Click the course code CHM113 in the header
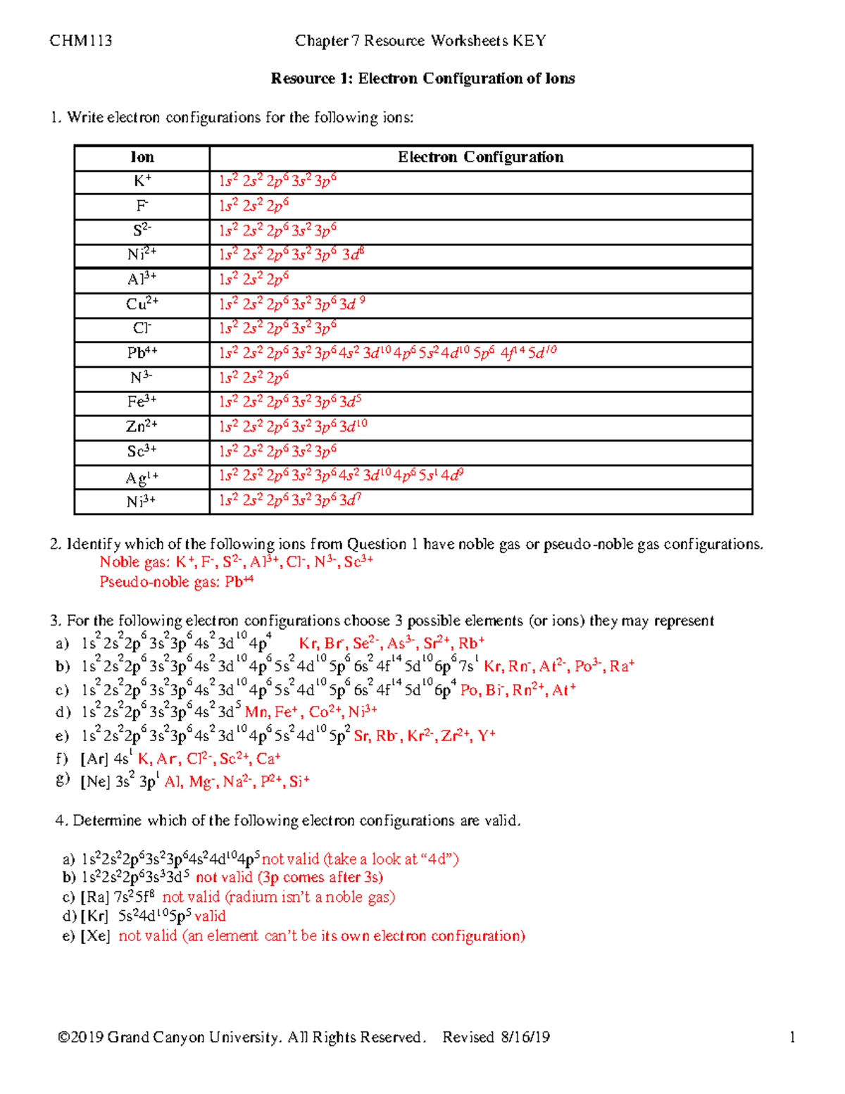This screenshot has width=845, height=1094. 80,41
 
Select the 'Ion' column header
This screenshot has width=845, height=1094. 142,158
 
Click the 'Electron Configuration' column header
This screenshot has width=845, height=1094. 480,158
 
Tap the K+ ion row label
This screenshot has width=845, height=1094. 142,182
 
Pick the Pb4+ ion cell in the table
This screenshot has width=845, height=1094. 142,353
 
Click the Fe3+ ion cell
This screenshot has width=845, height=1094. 142,402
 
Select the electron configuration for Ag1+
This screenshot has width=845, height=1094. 341,476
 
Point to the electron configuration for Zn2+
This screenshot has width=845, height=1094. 293,427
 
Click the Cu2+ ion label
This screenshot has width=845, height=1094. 142,304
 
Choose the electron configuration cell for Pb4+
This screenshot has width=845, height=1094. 387,353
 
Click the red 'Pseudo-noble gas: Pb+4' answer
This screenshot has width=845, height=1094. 176,582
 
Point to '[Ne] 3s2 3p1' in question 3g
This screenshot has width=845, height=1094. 119,782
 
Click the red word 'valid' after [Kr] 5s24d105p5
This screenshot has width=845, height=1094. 210,916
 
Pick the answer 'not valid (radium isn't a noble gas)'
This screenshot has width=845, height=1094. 278,897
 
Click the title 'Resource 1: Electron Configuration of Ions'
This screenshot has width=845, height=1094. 423,79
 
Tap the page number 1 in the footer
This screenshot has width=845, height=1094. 792,1037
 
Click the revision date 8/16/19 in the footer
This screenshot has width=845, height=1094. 525,1037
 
